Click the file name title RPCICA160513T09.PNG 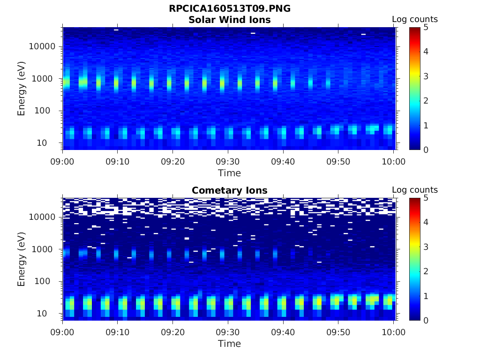[x=230, y=8]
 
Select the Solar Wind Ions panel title [x=230, y=20]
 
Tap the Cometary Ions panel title [x=230, y=190]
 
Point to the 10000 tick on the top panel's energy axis [x=43, y=46]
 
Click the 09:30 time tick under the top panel [x=228, y=162]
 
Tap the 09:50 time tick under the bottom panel [x=338, y=332]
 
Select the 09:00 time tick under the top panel [x=63, y=162]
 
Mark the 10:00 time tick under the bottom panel [x=394, y=332]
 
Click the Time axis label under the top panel [x=230, y=173]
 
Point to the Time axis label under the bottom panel [x=230, y=344]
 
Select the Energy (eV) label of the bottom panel [x=22, y=259]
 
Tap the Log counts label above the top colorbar [x=415, y=19]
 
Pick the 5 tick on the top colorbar [x=426, y=27]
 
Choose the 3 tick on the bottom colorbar [x=426, y=247]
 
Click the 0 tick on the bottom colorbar [x=426, y=320]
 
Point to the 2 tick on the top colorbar [x=426, y=100]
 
